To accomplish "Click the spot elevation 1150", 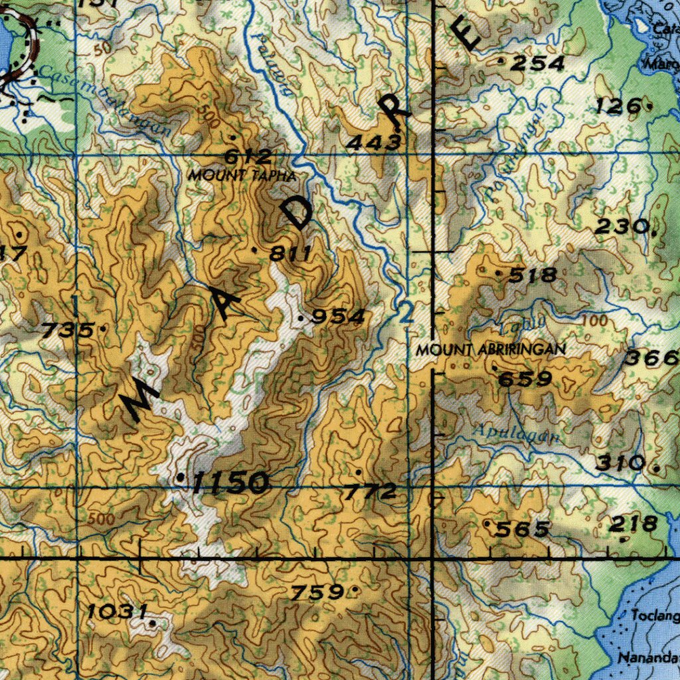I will coord(230,483).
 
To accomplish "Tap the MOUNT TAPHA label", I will coord(241,175).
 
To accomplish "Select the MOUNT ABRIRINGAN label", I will coord(491,349).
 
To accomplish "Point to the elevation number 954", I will coord(338,317).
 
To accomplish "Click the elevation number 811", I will coord(291,253).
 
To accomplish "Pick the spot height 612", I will coord(248,157).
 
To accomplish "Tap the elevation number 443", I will coord(375,141).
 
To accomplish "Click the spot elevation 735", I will coord(67,329).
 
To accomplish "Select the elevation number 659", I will coord(525,379).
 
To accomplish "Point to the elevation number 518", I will coord(533,274).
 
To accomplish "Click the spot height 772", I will coord(370,492).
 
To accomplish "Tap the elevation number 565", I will coord(523,529).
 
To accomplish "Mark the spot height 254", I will coord(537,64).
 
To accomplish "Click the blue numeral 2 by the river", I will coord(406,313).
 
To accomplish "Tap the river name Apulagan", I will coord(515,434).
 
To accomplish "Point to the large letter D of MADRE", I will coord(296,213).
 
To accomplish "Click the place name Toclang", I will coord(655,616).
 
